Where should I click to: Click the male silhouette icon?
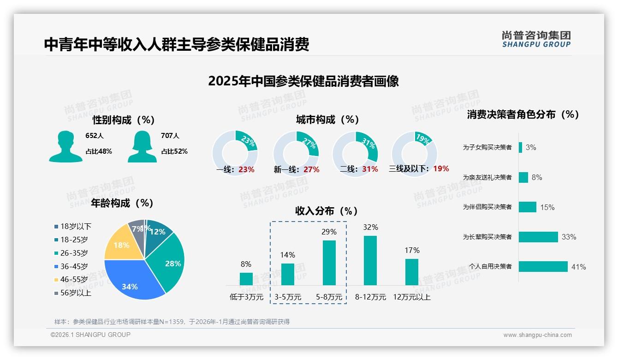point(65,146)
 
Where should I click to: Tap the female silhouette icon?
point(142,146)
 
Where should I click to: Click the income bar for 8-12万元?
point(370,260)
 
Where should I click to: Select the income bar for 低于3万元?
point(246,279)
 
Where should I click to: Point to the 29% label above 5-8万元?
point(329,232)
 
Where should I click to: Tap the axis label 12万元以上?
point(411,297)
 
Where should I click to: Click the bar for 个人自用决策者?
point(543,267)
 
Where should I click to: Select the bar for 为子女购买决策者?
point(520,147)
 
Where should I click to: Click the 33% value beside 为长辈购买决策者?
point(569,237)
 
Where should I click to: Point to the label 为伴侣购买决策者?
point(487,207)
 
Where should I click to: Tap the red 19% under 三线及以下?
point(441,169)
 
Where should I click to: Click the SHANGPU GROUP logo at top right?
point(536,39)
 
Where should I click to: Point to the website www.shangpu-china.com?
point(537,335)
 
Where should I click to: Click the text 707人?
point(170,136)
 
